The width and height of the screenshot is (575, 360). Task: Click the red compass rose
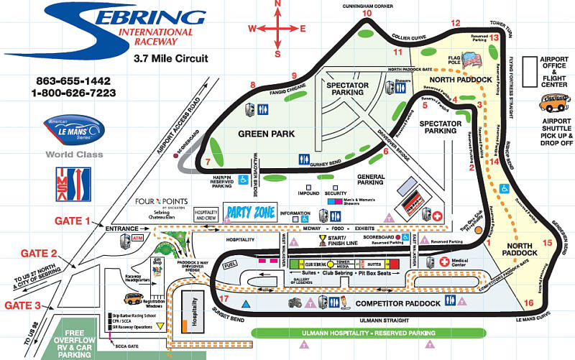click(277, 29)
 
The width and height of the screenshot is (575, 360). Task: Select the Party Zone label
click(248, 212)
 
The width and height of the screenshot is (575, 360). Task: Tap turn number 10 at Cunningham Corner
click(367, 13)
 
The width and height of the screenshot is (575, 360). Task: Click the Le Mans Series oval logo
click(75, 129)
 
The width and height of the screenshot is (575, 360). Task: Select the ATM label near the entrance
click(138, 236)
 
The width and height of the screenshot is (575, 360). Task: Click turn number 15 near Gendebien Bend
click(548, 243)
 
